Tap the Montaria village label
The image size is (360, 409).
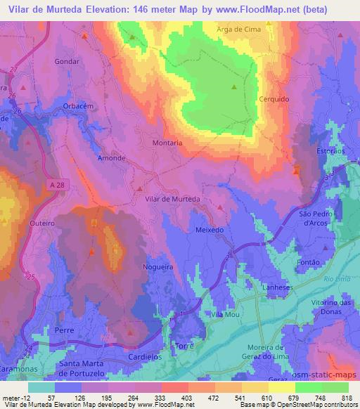click(167, 143)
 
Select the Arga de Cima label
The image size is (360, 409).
click(238, 29)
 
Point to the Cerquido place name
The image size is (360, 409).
click(274, 99)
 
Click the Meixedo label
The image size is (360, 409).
click(210, 230)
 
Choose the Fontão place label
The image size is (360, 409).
click(309, 263)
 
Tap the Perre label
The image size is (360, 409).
click(64, 329)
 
